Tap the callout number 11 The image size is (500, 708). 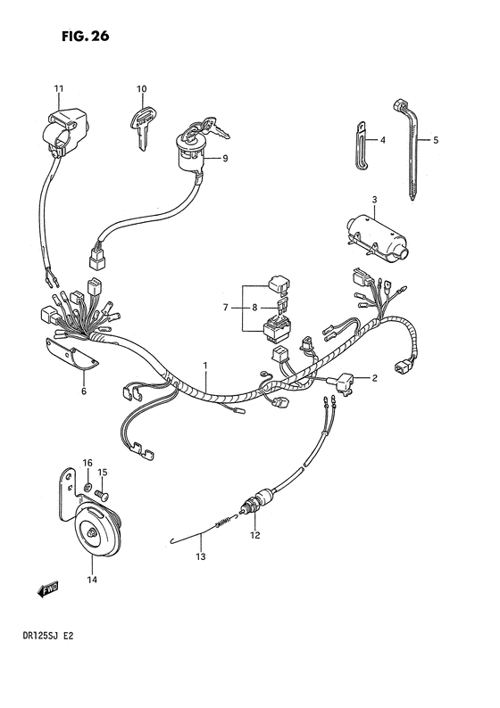[x=59, y=87]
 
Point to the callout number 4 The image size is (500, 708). [x=381, y=140]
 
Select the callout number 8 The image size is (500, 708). [x=254, y=308]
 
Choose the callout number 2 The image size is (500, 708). [x=375, y=378]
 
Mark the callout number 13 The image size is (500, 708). [x=201, y=557]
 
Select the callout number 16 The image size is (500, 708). [x=87, y=462]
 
